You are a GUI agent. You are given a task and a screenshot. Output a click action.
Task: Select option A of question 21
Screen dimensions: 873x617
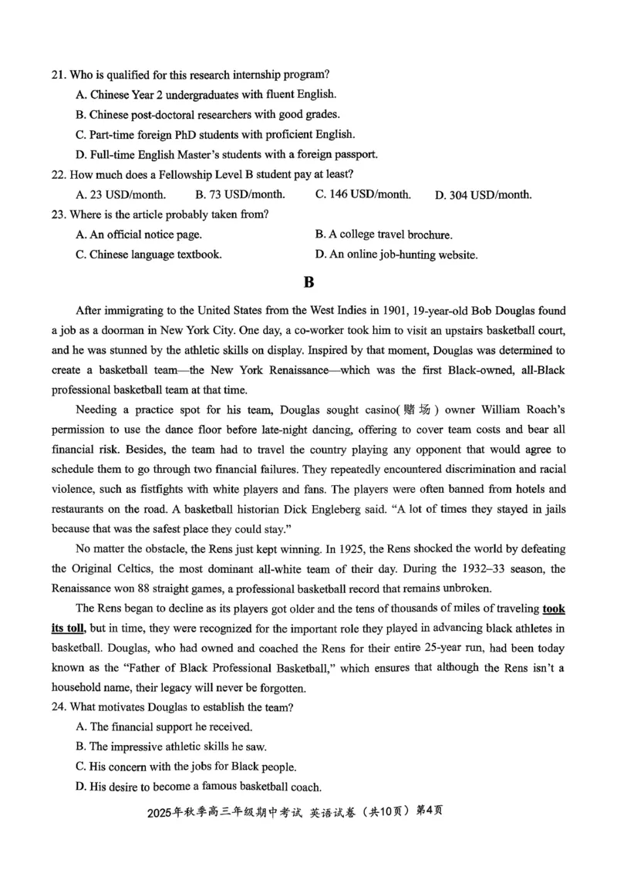pos(205,94)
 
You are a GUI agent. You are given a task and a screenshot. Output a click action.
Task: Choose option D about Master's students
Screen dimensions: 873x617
pos(226,154)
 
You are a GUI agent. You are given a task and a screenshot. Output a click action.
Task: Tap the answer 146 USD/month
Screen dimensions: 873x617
pos(362,194)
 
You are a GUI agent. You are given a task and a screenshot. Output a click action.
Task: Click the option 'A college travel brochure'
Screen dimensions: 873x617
pos(383,234)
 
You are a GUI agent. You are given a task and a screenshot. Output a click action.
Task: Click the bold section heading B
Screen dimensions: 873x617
pos(308,282)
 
